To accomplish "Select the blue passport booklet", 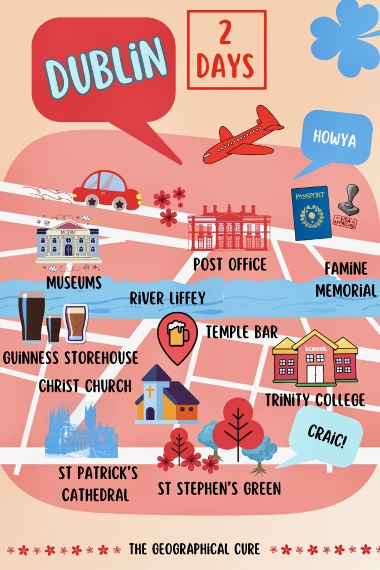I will pos(310,213).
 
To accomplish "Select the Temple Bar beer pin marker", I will pos(177,336).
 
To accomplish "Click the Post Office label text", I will pos(230,263).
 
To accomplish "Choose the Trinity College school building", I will pos(315,359).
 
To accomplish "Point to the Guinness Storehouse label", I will pos(70,357).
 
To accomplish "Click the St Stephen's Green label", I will pos(219,489).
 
